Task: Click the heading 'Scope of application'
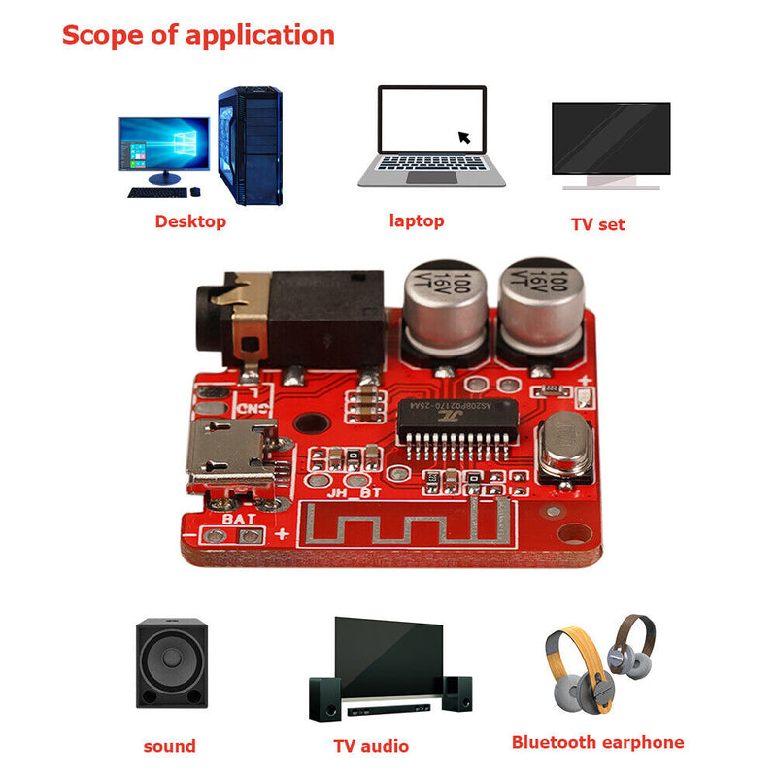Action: tap(198, 36)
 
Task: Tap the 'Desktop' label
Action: tap(190, 221)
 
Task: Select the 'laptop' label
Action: tap(416, 220)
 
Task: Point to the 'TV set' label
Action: tap(597, 224)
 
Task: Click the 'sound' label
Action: tap(169, 746)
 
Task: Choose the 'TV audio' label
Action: tap(370, 746)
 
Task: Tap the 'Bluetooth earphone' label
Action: tap(597, 743)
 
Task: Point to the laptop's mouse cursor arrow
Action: tap(464, 137)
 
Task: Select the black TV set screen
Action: tap(610, 137)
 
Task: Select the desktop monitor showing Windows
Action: tap(163, 143)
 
